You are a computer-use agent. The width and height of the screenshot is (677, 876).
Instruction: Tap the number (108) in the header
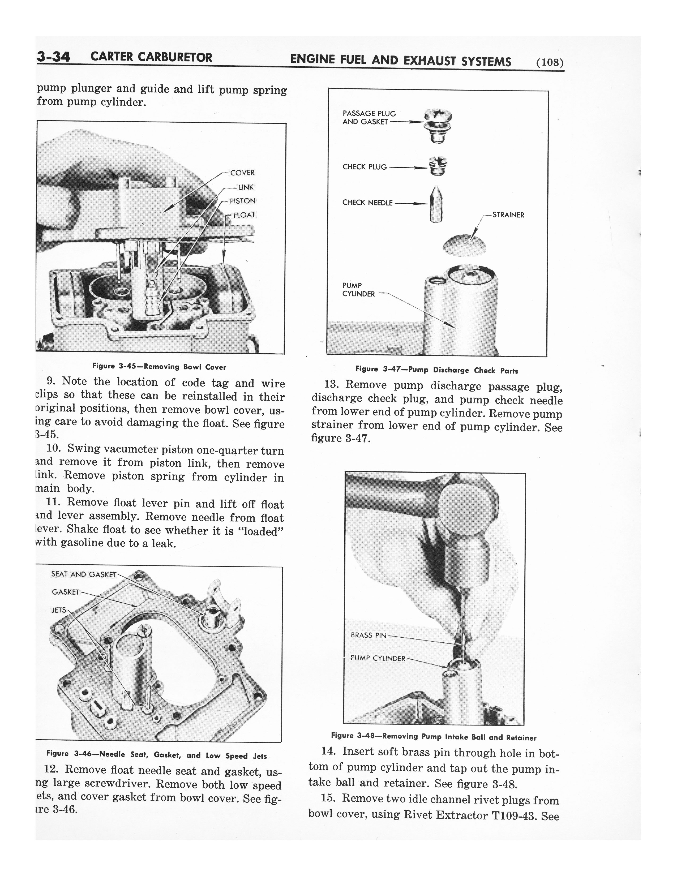click(x=550, y=63)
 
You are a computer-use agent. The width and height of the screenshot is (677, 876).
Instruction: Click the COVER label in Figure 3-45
click(x=242, y=173)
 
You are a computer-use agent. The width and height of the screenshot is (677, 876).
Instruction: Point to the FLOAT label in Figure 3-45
click(x=244, y=215)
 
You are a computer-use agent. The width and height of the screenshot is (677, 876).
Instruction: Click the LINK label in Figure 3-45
click(x=246, y=187)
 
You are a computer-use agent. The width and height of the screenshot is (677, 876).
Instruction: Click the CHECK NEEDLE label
click(x=367, y=203)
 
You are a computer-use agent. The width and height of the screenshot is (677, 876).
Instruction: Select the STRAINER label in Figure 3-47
click(x=508, y=215)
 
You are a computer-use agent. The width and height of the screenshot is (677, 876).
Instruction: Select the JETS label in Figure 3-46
click(x=59, y=610)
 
